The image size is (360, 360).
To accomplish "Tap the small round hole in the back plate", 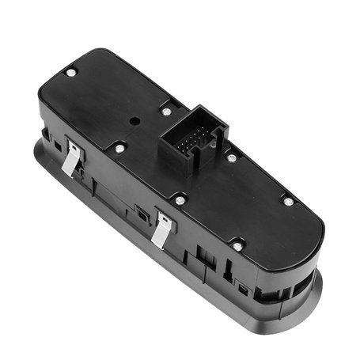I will (135, 121).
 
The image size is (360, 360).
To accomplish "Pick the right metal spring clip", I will (162, 229).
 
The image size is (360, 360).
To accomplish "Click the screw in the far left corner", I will (70, 73).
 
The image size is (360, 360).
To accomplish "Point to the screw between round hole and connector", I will (166, 112).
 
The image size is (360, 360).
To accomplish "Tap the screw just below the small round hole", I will (119, 148).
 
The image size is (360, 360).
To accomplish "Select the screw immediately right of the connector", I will (232, 157).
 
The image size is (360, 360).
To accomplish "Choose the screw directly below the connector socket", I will (180, 199).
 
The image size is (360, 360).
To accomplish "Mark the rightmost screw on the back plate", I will (289, 202).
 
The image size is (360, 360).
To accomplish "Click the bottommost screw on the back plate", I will (237, 246).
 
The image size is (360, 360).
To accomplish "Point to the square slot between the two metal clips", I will (139, 211).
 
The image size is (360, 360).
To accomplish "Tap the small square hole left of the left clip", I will (57, 146).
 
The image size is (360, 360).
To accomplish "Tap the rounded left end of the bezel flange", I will (38, 146).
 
